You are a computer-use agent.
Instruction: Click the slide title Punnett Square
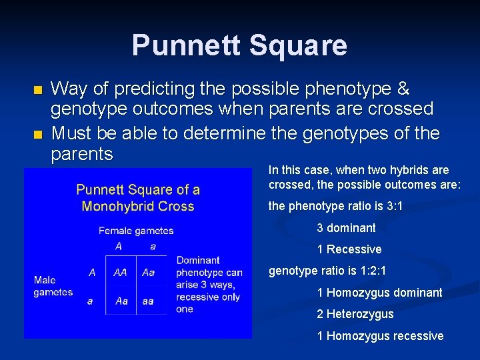click(239, 45)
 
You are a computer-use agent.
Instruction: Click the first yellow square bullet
click(37, 89)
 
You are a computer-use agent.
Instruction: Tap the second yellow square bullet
click(37, 135)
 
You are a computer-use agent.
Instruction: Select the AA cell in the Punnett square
click(121, 273)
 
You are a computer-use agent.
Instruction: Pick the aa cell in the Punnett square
click(148, 301)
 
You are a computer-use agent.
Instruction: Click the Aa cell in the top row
click(148, 273)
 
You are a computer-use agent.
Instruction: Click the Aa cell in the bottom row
click(121, 301)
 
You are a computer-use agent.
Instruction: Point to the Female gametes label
click(136, 231)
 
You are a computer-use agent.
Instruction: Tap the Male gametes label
click(53, 286)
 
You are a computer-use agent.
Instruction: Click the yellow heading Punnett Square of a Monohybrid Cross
click(138, 198)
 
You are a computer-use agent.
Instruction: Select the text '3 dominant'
click(346, 228)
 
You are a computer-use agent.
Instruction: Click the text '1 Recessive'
click(349, 249)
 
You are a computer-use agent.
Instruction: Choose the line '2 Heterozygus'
click(355, 314)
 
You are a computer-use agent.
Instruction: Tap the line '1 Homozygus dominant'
click(379, 293)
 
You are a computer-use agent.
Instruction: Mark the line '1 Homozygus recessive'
click(380, 336)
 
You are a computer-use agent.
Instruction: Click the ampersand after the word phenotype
click(402, 89)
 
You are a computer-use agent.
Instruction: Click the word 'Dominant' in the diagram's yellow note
click(198, 260)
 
